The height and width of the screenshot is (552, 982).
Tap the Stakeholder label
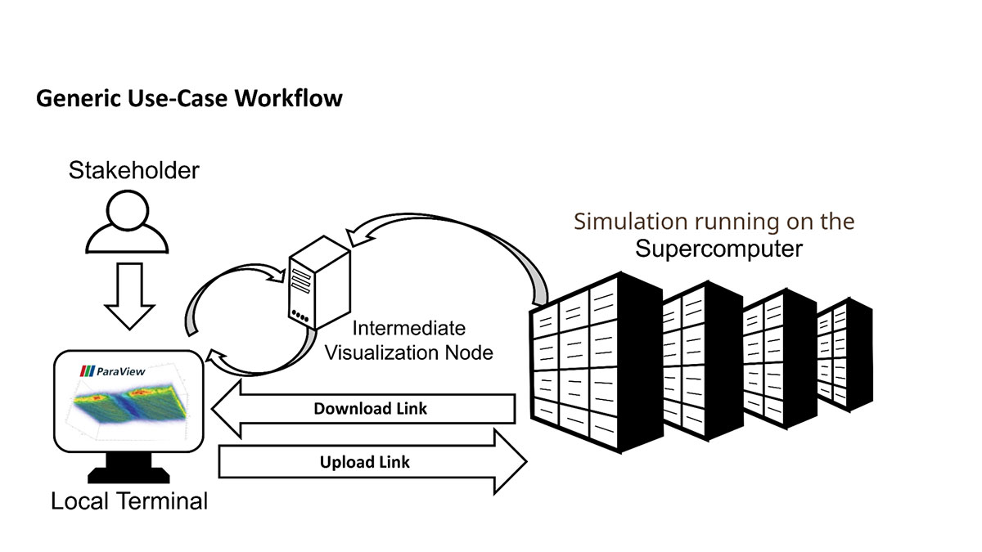[x=134, y=171]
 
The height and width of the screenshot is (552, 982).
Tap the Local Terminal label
[x=129, y=500]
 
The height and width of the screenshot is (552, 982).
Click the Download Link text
[x=370, y=408]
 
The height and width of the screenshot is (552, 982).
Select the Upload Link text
[x=364, y=462]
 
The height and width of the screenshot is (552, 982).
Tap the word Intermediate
[x=409, y=329]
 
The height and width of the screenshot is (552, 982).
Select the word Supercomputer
[x=719, y=249]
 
